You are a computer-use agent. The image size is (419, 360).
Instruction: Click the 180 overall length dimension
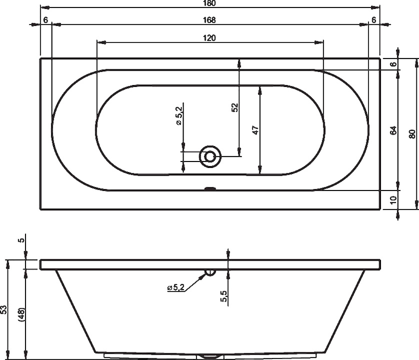point(209,3)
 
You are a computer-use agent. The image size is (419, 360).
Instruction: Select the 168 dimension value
point(209,20)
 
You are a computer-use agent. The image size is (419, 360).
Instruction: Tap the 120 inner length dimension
point(209,38)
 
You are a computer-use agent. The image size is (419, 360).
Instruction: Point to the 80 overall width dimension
point(412,133)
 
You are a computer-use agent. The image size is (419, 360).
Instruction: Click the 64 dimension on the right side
point(393,130)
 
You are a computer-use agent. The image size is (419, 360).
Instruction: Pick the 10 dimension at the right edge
point(393,200)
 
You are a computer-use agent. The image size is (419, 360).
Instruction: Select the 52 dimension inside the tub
point(235,107)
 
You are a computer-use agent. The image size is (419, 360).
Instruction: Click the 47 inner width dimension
point(256,130)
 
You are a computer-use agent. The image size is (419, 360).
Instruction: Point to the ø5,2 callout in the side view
point(176,287)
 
